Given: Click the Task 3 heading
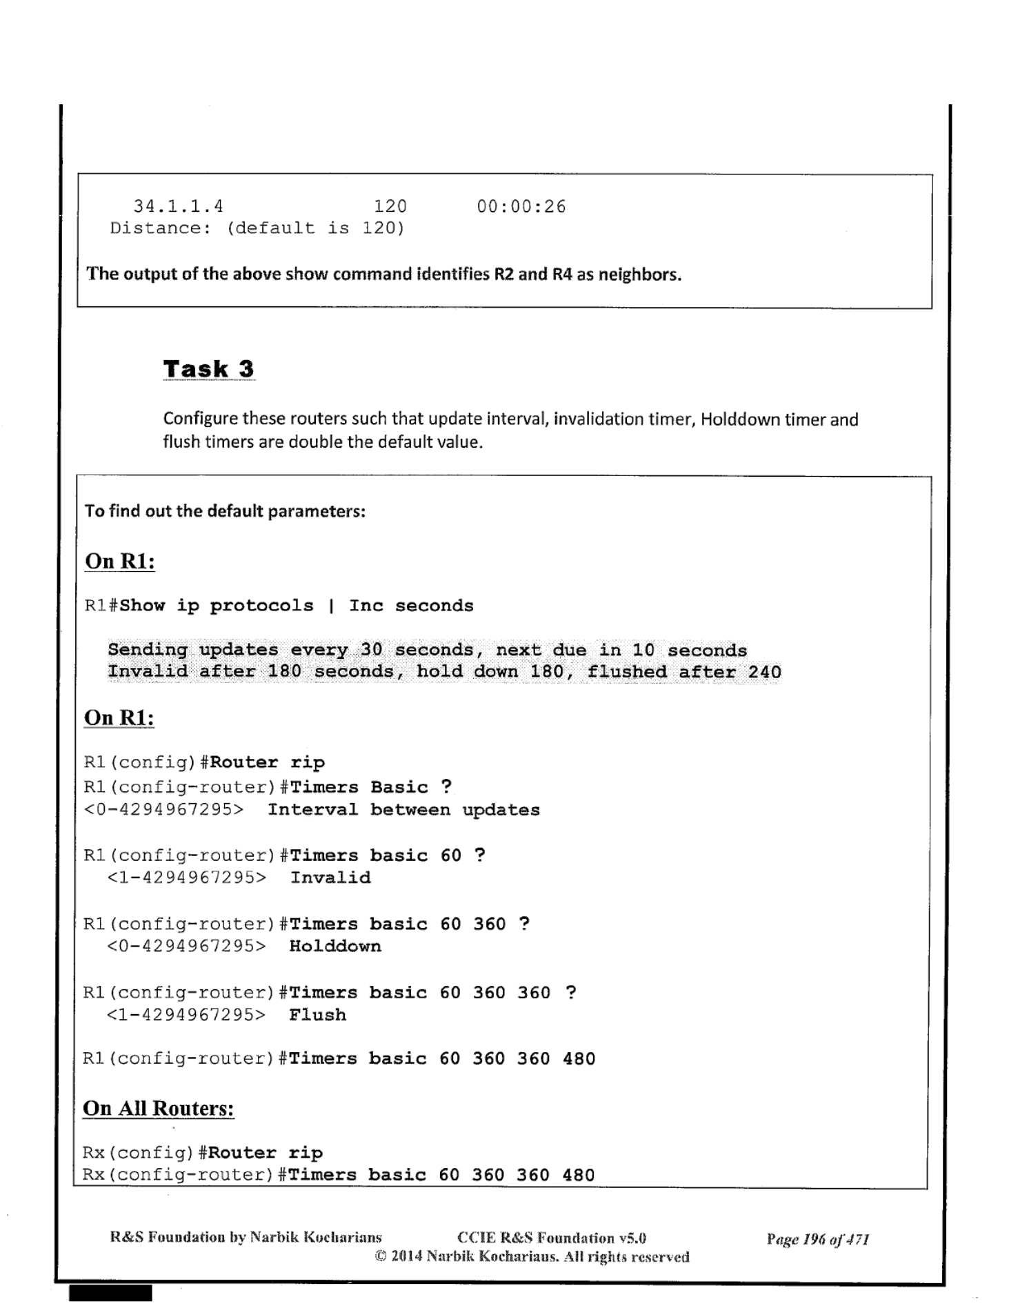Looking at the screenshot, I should (208, 369).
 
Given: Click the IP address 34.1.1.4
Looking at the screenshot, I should (178, 206).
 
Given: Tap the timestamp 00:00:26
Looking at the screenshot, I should (521, 206).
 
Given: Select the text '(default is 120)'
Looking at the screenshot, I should (315, 228).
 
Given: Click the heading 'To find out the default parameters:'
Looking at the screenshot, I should (225, 511).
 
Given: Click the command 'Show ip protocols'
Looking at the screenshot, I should (216, 606).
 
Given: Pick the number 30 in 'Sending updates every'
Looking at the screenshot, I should (371, 650).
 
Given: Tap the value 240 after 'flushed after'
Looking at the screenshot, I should (764, 672).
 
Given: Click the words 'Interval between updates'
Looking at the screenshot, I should (403, 810).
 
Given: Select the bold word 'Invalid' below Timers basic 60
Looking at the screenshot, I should (330, 878).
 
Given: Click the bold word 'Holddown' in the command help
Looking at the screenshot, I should (334, 946).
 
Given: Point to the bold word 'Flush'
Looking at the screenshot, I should (317, 1015).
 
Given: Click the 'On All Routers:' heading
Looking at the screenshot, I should (158, 1108).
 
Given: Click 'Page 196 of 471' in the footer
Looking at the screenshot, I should (817, 1239).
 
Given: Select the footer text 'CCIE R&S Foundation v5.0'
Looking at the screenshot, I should (551, 1238).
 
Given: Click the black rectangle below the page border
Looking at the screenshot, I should (110, 1293).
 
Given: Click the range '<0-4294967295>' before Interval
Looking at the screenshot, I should (163, 810).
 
